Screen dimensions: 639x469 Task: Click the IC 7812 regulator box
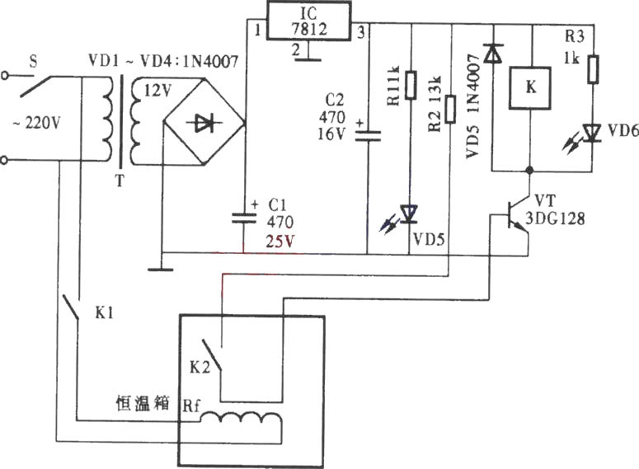click(x=308, y=21)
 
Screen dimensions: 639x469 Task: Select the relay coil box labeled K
click(x=530, y=88)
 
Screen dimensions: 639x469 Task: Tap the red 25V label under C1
click(x=280, y=242)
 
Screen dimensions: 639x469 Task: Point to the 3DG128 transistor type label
click(x=555, y=218)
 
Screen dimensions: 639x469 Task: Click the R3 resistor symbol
click(x=593, y=69)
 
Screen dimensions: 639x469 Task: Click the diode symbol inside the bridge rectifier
click(x=204, y=124)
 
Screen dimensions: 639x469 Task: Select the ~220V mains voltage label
click(x=36, y=122)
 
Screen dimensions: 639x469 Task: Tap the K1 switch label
click(x=105, y=313)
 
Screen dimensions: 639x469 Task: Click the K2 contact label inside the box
click(x=200, y=367)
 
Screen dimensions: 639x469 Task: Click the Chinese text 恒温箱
click(x=142, y=403)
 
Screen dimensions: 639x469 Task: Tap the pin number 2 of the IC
click(x=296, y=49)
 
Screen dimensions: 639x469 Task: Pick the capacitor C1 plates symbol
click(x=244, y=218)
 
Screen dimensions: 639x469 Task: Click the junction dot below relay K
click(x=529, y=170)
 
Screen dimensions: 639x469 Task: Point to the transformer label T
click(x=120, y=180)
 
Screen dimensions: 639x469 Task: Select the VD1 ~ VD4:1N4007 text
click(x=163, y=61)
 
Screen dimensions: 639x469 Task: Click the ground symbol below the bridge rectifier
click(x=161, y=269)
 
